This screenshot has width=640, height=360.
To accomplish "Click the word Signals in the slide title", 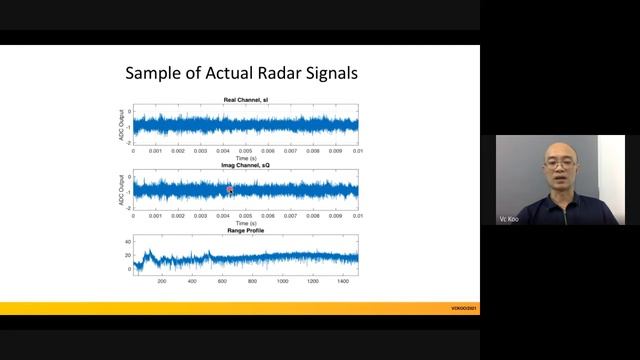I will tap(322, 74).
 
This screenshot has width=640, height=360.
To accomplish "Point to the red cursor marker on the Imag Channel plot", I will tap(229, 189).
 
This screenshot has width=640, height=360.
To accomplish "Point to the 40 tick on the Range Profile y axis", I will tap(128, 242).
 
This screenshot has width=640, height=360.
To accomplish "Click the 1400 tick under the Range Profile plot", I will tap(343, 281).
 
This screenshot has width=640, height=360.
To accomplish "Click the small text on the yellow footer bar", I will tap(465, 308).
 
